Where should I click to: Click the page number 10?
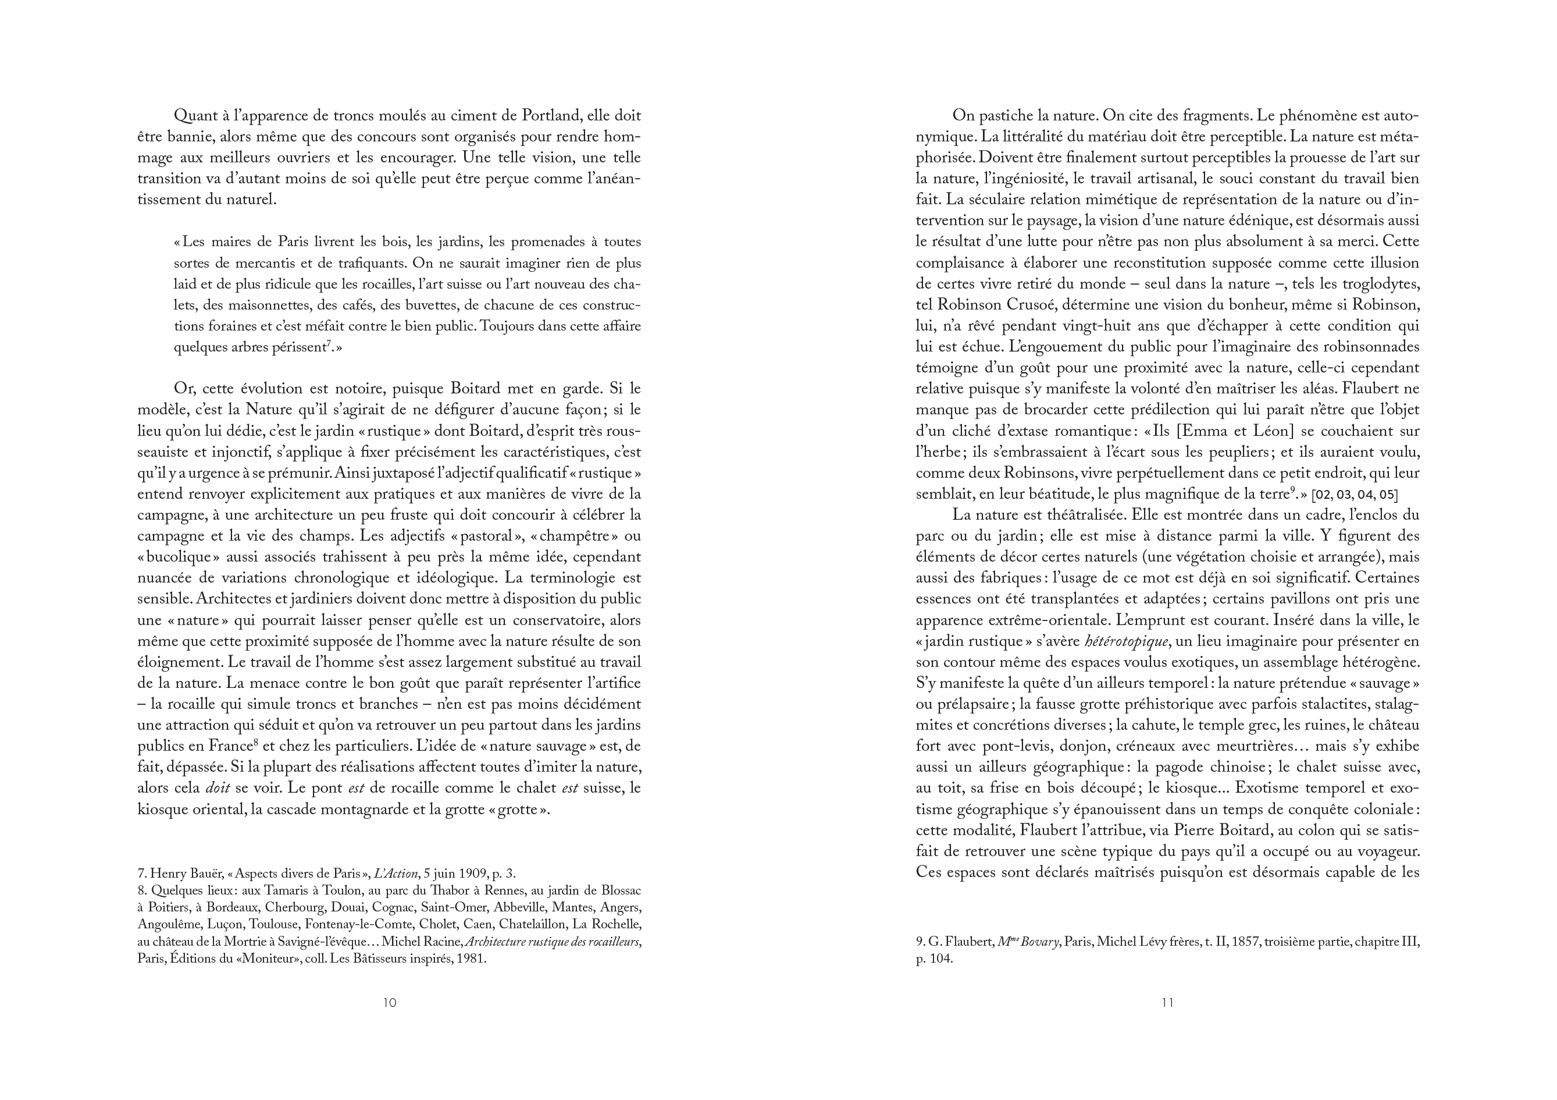pos(389,1003)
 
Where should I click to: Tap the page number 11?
pos(1167,1003)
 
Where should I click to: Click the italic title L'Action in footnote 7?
pos(396,874)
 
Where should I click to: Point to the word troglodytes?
pos(1383,283)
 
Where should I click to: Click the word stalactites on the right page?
pos(1336,704)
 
